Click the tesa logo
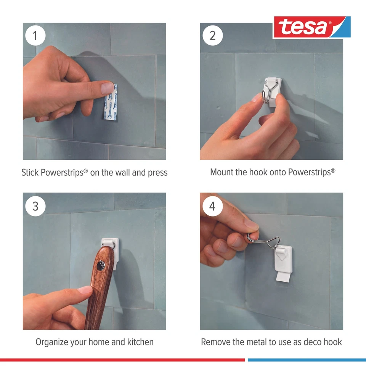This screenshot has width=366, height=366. pos(311,27)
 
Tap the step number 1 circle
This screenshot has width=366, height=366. pos(35,36)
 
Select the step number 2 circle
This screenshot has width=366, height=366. pos(212,36)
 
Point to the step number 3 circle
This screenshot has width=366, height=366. pos(35,206)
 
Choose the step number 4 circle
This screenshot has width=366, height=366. pos(212,206)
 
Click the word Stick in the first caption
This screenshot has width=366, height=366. pos(29,172)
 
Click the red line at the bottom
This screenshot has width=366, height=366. pos(122,360)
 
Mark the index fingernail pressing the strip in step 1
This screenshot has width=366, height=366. pos(108,88)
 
